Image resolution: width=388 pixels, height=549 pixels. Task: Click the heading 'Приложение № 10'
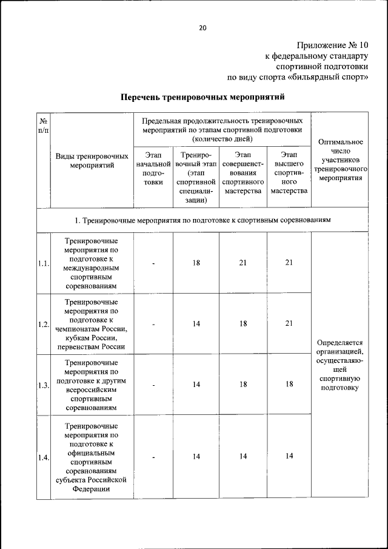(x=332, y=45)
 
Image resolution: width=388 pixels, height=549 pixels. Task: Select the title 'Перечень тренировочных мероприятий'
(x=202, y=96)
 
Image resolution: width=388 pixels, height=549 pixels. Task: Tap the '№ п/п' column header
(x=43, y=126)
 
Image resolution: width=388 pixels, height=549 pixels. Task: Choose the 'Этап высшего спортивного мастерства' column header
(x=289, y=173)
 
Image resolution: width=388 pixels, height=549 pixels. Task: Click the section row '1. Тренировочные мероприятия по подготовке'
(x=202, y=220)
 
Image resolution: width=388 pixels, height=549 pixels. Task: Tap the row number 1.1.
(x=43, y=263)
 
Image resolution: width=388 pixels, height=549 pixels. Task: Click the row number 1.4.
(x=43, y=457)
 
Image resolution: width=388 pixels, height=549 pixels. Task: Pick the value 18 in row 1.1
(x=196, y=263)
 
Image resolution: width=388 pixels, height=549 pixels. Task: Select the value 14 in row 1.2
(x=196, y=324)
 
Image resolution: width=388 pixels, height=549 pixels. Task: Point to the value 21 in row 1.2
(x=289, y=323)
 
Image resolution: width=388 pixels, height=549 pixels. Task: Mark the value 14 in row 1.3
(x=196, y=385)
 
